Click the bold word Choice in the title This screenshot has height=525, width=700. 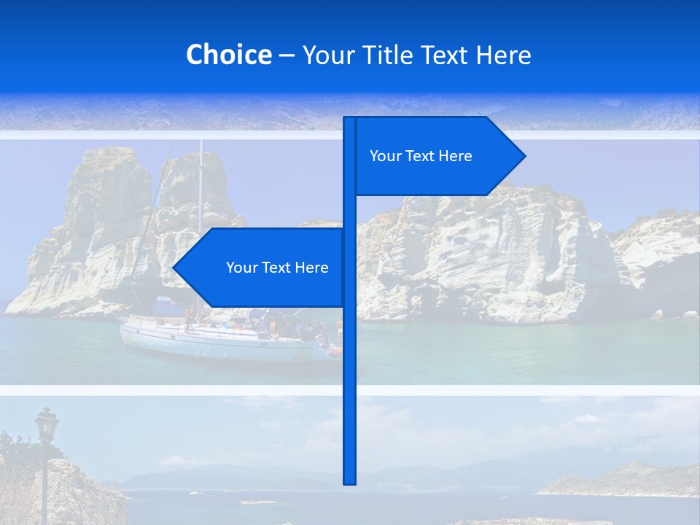pos(228,55)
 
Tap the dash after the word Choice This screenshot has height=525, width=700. pos(287,55)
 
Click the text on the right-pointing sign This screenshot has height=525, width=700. pos(421,156)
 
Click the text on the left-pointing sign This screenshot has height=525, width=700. pos(277,268)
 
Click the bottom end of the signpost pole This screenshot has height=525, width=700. pos(349,481)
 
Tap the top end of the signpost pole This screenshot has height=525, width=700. pos(349,120)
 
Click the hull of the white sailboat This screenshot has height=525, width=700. pos(219,343)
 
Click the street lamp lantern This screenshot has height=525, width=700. pos(47,424)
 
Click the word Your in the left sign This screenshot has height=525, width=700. pos(240,268)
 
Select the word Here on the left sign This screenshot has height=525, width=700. pos(311,268)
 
